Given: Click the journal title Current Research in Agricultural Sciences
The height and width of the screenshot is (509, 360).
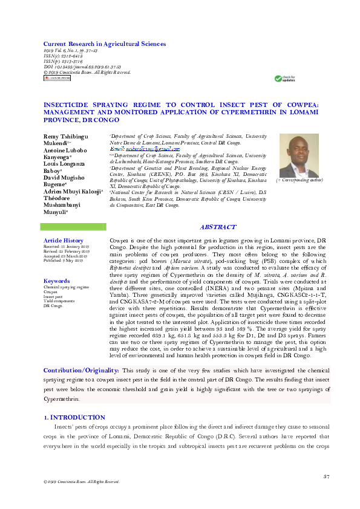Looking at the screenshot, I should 104,44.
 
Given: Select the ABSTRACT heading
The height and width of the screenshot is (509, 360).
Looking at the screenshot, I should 218,227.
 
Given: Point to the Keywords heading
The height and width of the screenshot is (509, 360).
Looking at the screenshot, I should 57,281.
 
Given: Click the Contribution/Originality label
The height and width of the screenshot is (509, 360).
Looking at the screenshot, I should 81,369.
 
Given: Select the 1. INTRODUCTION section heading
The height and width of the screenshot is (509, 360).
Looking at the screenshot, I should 76,418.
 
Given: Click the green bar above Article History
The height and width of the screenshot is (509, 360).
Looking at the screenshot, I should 70,227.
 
